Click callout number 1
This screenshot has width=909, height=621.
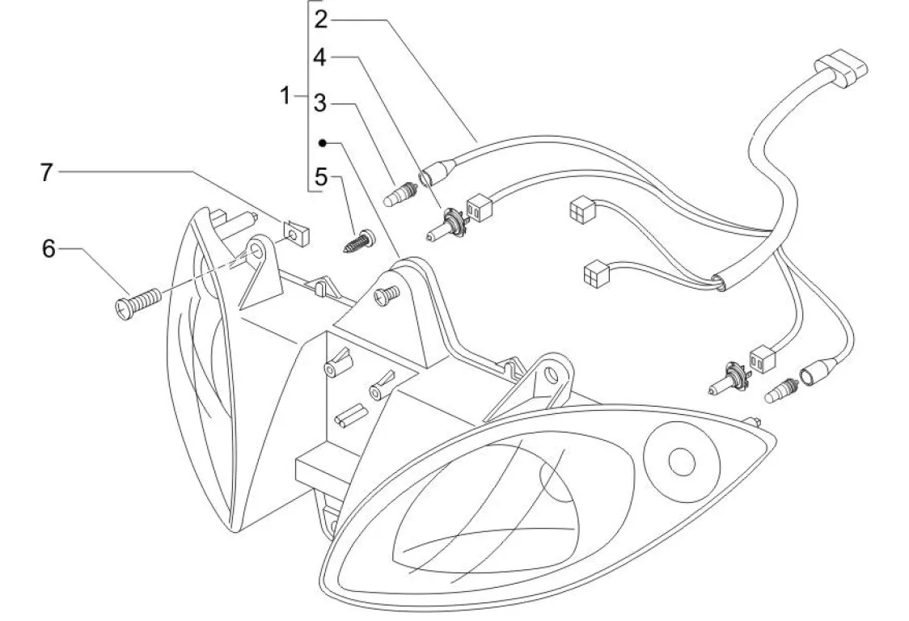pos(285,97)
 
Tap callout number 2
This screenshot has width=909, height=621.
pos(322,20)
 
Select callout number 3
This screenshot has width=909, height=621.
pos(321,103)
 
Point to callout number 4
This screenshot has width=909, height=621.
pos(321,58)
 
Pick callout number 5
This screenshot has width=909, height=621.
pos(322,177)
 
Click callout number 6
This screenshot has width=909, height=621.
pos(49,249)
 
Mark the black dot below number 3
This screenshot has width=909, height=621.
pos(322,143)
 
